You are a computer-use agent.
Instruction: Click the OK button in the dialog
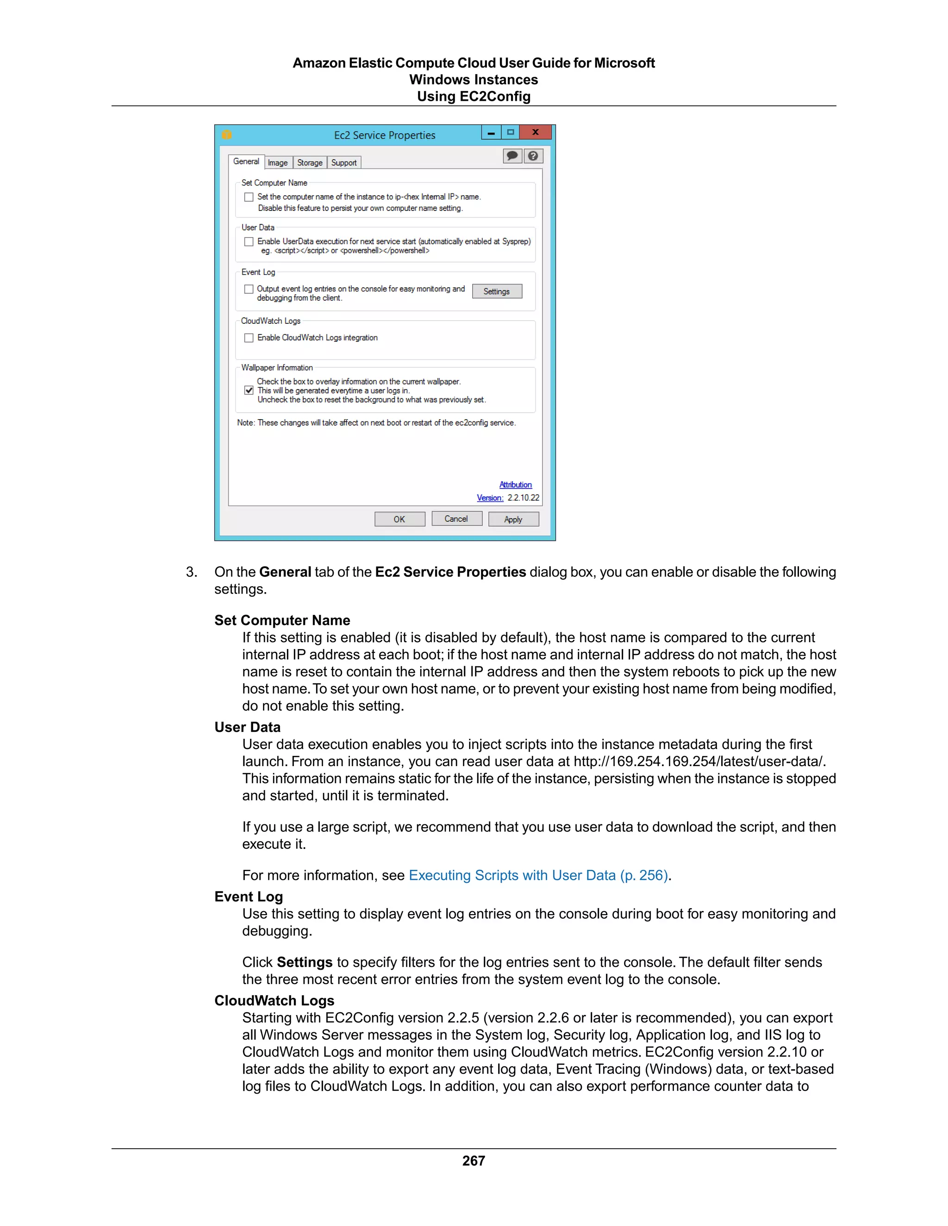tap(399, 519)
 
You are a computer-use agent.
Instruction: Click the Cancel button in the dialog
tap(456, 519)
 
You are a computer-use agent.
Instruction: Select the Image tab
tap(277, 163)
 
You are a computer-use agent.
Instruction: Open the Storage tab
tap(310, 163)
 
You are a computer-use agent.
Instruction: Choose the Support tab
tap(344, 163)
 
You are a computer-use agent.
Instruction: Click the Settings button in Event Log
tap(497, 291)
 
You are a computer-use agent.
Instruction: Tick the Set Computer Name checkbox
tap(249, 197)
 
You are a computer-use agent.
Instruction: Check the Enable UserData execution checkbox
tap(249, 242)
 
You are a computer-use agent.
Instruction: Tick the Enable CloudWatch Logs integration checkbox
tap(249, 338)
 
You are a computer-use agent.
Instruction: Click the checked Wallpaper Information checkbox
tap(249, 390)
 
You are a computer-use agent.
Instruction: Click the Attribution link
tap(515, 484)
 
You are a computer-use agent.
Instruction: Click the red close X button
tap(535, 132)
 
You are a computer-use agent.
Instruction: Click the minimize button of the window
tap(491, 132)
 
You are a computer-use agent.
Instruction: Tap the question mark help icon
tap(533, 156)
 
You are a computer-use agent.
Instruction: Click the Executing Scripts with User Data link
tap(538, 875)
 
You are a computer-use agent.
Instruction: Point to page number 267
tap(474, 1160)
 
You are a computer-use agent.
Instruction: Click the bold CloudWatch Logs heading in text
tap(274, 1000)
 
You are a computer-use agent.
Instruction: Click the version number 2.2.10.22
tap(523, 498)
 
